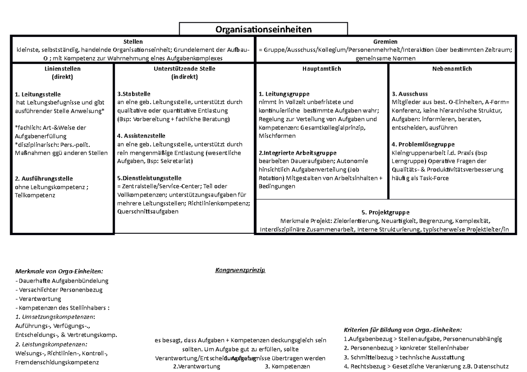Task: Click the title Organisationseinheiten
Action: pyautogui.click(x=263, y=30)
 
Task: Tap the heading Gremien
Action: pyautogui.click(x=385, y=42)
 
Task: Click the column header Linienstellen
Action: pyautogui.click(x=62, y=69)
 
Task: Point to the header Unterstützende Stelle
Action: pyautogui.click(x=184, y=69)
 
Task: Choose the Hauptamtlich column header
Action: pyautogui.click(x=321, y=69)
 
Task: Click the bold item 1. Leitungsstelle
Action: pyautogui.click(x=38, y=94)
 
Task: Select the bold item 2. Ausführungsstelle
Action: pyautogui.click(x=44, y=179)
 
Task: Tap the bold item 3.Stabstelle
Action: pyautogui.click(x=134, y=94)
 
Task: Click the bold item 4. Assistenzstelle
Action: pyautogui.click(x=142, y=136)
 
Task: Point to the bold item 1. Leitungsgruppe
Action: pyautogui.click(x=284, y=94)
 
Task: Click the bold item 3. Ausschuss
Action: pyautogui.click(x=409, y=94)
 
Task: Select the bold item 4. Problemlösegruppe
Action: pyautogui.click(x=423, y=144)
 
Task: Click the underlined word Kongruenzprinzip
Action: pyautogui.click(x=240, y=270)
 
